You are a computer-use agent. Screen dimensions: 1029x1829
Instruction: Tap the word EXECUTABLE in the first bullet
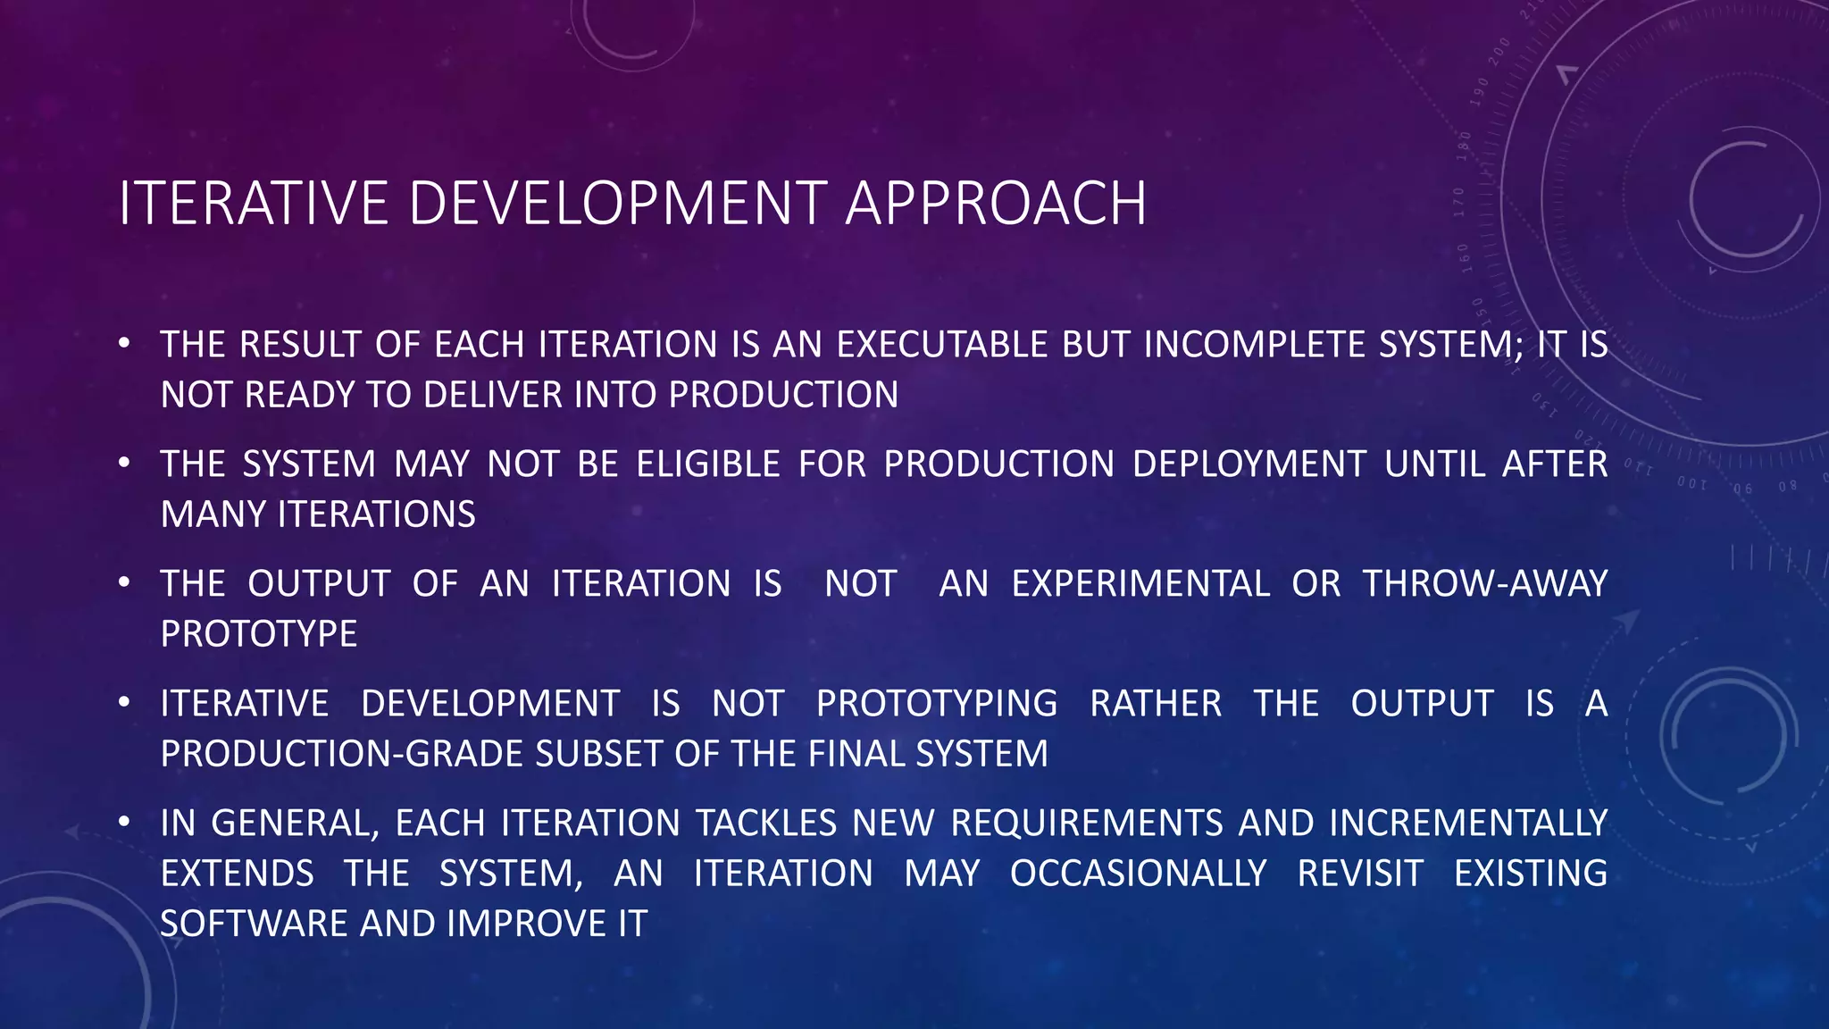[x=942, y=345]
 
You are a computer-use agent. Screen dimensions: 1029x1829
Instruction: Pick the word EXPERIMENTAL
[x=1140, y=584]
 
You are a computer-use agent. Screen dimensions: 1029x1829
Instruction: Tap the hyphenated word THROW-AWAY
[x=1484, y=584]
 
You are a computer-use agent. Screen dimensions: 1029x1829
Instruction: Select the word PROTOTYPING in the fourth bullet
[x=936, y=704]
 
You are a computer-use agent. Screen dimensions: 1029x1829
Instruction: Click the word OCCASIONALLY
[x=1138, y=874]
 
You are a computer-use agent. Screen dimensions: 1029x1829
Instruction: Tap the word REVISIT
[x=1359, y=874]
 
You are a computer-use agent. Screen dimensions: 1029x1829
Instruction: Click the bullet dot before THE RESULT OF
[x=124, y=343]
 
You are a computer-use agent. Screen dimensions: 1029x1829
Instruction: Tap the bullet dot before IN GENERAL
[x=124, y=821]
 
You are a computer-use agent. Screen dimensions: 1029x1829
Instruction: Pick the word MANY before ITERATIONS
[x=213, y=514]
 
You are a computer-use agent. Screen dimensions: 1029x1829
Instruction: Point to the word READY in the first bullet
[x=298, y=395]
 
